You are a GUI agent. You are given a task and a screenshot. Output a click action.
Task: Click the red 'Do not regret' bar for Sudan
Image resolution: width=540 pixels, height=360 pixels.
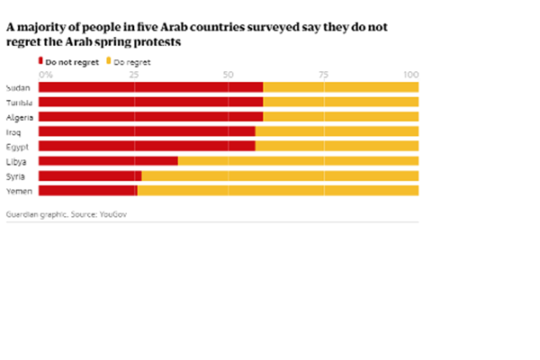[150, 87]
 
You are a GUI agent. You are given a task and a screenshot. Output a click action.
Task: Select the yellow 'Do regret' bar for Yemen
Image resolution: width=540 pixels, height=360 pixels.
[278, 190]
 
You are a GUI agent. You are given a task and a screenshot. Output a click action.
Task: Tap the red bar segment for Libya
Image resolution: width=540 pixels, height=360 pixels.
[108, 160]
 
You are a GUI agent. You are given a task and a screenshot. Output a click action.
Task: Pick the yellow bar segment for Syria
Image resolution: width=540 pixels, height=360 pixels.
[280, 175]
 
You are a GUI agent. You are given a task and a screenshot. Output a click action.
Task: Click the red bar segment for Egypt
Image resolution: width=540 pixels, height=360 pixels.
[147, 146]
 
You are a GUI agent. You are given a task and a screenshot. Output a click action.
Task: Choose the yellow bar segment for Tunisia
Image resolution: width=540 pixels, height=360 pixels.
[341, 102]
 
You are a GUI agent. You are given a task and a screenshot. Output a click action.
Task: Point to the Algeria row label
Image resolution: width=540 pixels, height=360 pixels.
[20, 117]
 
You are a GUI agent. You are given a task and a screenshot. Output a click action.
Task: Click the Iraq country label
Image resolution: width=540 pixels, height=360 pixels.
[13, 131]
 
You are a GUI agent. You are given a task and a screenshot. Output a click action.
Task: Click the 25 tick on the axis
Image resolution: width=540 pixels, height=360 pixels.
[133, 74]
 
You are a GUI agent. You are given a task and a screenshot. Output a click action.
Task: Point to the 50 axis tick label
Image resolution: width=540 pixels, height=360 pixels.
[228, 74]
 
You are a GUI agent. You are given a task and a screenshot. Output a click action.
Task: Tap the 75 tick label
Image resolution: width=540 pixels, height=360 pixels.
[323, 74]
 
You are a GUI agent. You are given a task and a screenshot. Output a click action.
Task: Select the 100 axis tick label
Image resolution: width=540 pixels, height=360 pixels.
[412, 74]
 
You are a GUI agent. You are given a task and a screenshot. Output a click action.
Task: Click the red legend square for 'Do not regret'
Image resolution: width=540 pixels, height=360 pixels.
[40, 62]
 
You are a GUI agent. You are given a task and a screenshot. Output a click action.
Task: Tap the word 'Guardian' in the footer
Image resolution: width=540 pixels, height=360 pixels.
[23, 216]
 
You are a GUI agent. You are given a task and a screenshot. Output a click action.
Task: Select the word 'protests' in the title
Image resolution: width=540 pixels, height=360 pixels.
[161, 42]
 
